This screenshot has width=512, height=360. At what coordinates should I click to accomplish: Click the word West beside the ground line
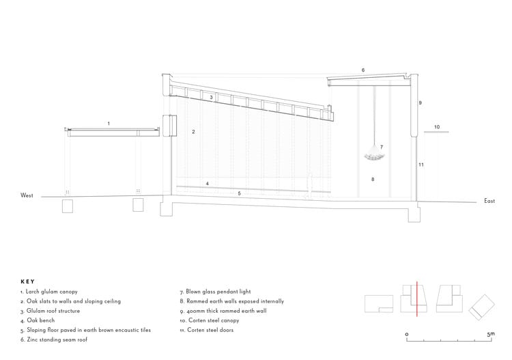pos(27,195)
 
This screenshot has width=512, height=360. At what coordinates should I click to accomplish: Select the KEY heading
pos(27,281)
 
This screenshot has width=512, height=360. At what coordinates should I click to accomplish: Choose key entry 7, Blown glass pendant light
pos(214,292)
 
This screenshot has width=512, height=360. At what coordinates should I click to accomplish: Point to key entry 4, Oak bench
pos(40,320)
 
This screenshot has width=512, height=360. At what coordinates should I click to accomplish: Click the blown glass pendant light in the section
pos(373,154)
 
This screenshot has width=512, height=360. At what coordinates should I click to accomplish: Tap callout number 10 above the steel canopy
pos(437,126)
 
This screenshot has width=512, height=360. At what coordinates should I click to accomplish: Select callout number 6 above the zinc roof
pos(362,70)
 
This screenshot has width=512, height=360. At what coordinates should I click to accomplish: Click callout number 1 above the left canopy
pos(109,123)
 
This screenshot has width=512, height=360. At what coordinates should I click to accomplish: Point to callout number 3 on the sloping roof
pos(212,98)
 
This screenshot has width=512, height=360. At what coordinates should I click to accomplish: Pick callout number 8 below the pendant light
pos(373,180)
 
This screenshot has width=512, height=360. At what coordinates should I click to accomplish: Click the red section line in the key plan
pos(416,298)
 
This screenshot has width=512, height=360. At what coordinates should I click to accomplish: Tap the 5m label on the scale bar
pos(489,333)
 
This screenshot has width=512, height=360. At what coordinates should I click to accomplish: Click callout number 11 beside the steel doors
pos(422,165)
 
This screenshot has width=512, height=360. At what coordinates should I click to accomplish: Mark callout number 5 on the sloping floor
pos(239,194)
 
